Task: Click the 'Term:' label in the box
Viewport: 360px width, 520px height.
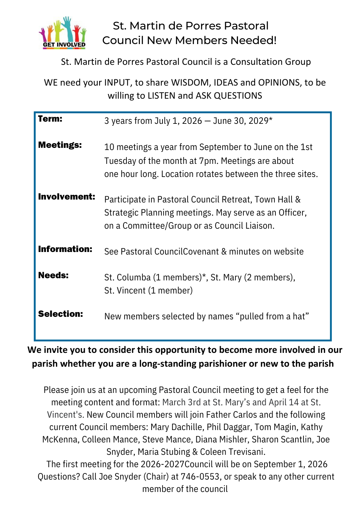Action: click(x=50, y=119)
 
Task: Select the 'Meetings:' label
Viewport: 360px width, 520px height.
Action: click(x=60, y=145)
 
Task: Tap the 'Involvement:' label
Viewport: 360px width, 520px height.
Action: click(x=66, y=197)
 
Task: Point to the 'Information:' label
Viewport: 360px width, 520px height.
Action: click(x=65, y=249)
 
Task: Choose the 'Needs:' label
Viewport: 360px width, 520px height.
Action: click(x=53, y=276)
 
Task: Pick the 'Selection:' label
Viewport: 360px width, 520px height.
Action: click(x=60, y=314)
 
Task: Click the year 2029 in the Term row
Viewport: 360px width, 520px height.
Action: click(x=259, y=121)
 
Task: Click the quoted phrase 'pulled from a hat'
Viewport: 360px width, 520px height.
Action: click(x=274, y=316)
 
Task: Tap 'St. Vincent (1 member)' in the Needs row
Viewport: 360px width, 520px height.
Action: click(x=148, y=291)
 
